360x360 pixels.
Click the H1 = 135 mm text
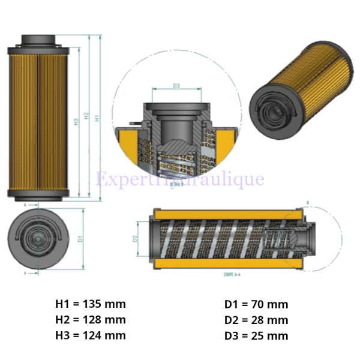[91, 304]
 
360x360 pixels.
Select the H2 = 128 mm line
[91, 320]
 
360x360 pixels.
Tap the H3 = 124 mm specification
[91, 335]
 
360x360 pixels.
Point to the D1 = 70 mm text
[256, 304]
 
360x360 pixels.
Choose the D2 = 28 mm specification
[256, 320]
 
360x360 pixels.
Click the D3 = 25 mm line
[256, 335]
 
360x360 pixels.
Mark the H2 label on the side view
[87, 117]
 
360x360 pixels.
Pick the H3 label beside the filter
[76, 122]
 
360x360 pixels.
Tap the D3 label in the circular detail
[176, 86]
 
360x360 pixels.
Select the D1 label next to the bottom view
[80, 238]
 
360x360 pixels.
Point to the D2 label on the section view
[136, 238]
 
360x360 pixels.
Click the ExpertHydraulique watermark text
[180, 179]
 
